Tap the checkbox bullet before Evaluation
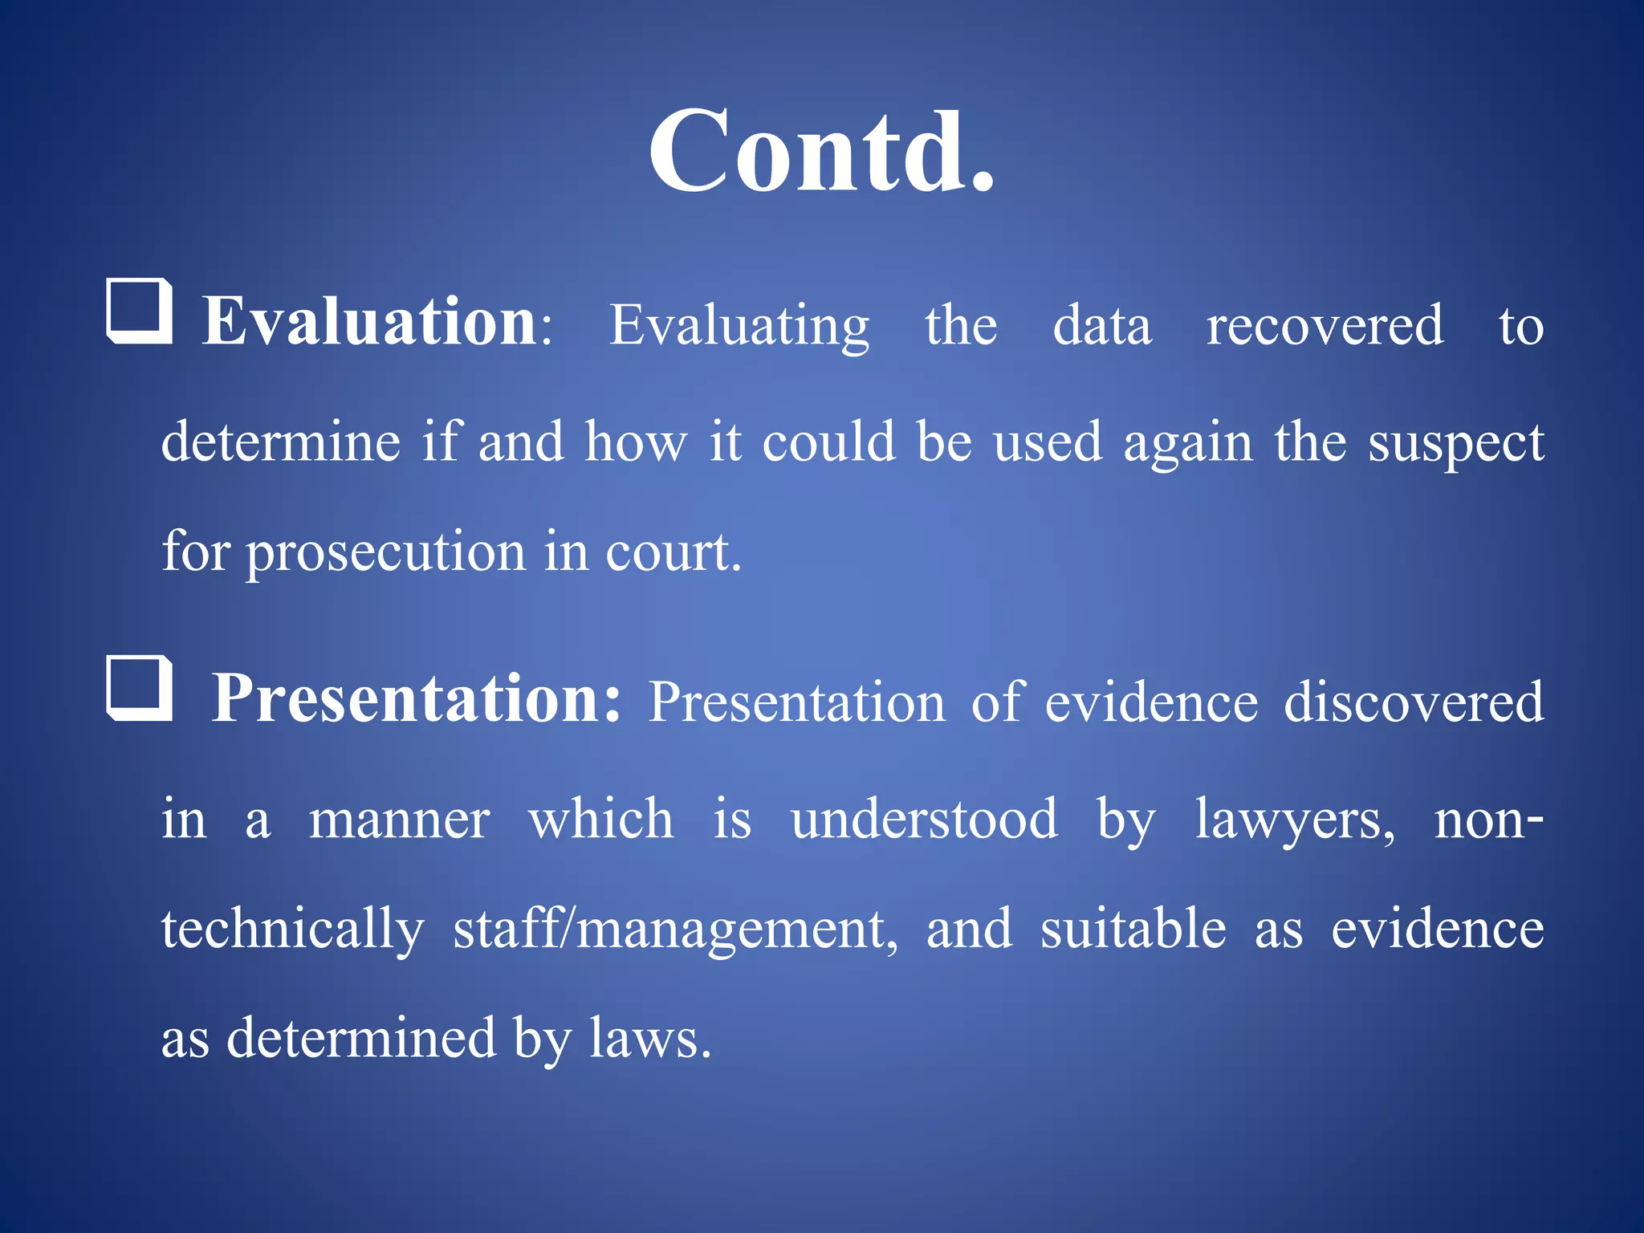point(140,311)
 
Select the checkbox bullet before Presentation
point(140,688)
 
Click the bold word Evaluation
point(369,322)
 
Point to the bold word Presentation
point(416,698)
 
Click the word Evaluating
point(739,326)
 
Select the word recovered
point(1325,326)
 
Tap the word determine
point(281,442)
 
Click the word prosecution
point(385,553)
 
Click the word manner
point(399,820)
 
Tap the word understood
point(924,820)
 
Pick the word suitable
point(1133,929)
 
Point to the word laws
point(649,1039)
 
